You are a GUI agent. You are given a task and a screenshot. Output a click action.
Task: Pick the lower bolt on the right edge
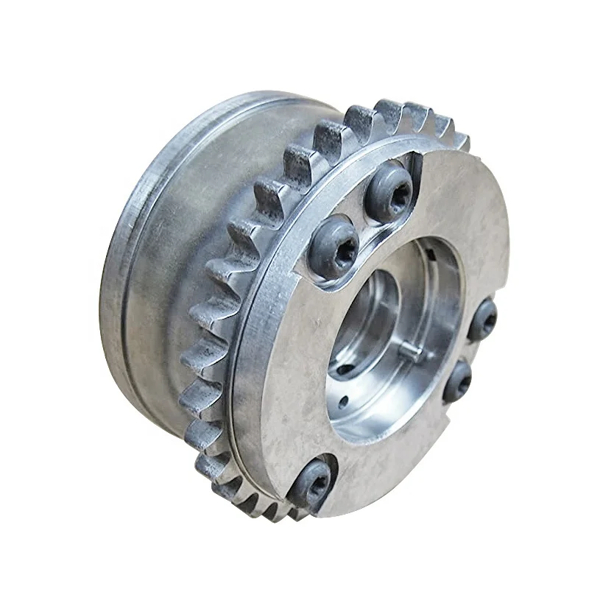tap(458, 379)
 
